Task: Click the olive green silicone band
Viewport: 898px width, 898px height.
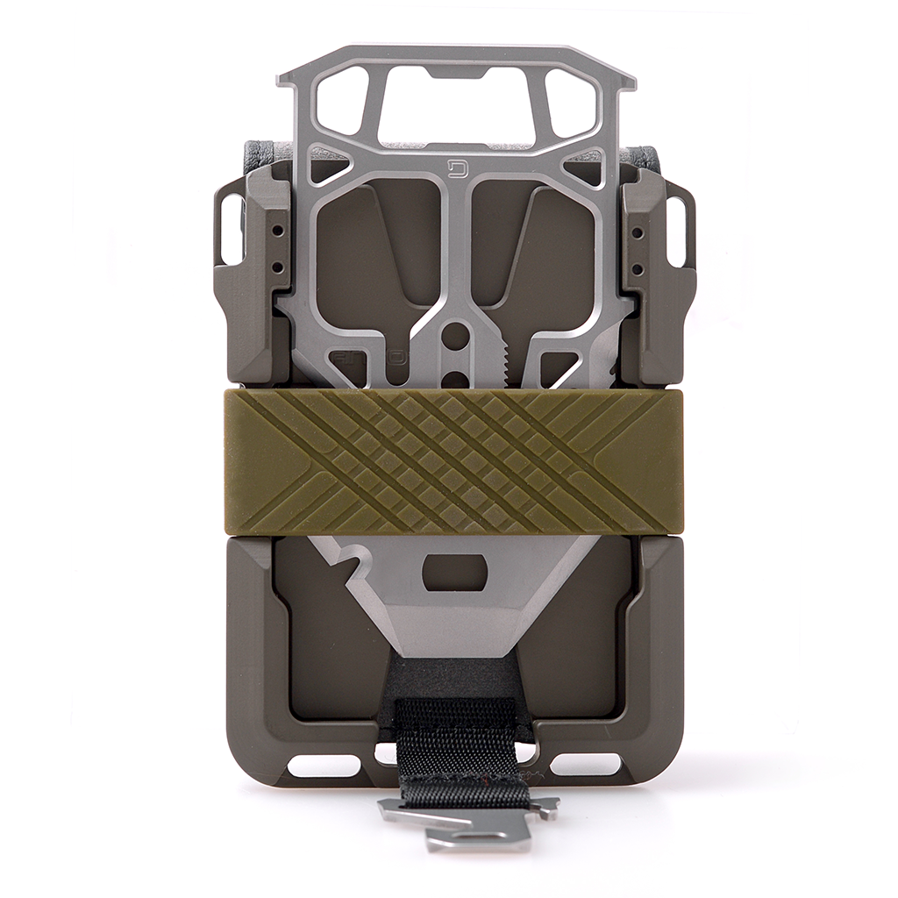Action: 453,461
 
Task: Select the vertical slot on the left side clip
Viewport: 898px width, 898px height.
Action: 232,229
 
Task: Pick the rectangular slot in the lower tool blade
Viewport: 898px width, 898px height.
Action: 454,572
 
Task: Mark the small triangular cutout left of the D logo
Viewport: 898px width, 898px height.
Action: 331,167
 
